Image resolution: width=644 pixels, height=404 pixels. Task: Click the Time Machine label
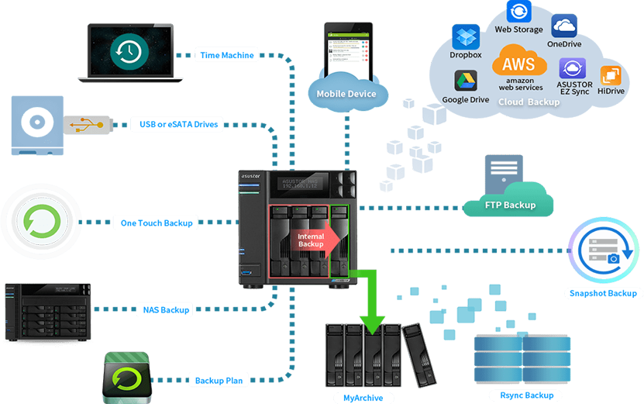pos(226,55)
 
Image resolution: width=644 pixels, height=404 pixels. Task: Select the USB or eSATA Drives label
pos(178,124)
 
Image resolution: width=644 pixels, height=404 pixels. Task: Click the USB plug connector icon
pos(89,123)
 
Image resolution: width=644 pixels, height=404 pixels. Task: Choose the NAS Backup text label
pos(166,310)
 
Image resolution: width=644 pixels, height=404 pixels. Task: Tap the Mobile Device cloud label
pos(346,94)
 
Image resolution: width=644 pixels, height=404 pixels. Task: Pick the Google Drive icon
pos(465,81)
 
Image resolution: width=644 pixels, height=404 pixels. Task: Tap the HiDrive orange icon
pos(611,75)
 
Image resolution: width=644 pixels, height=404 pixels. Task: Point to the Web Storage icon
pos(518,12)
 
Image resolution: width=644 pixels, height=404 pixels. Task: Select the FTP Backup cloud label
pos(509,205)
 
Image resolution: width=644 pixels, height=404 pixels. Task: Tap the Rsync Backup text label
pos(527,395)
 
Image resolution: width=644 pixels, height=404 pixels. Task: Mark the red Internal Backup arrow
pos(314,240)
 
